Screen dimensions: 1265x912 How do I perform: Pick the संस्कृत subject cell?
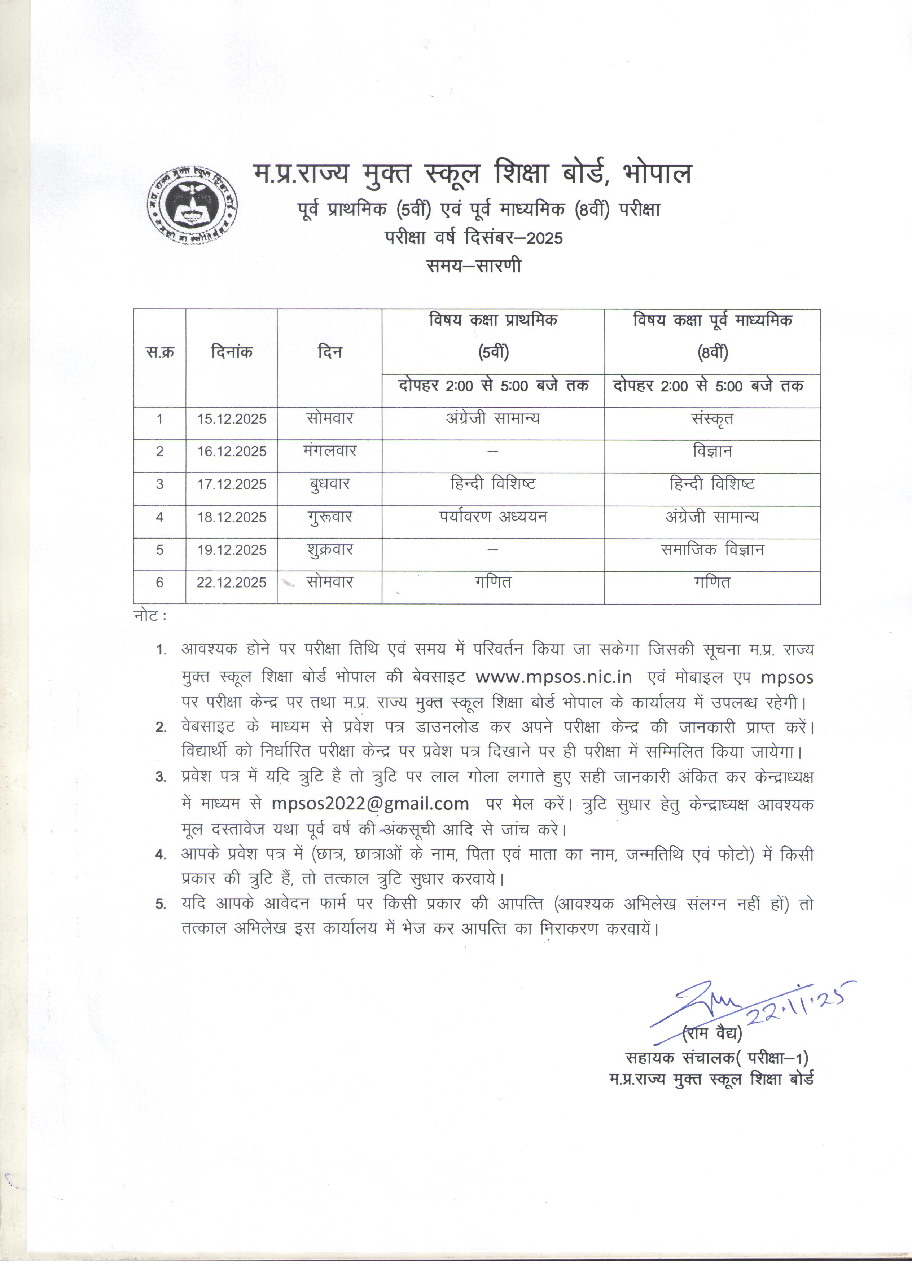(x=712, y=419)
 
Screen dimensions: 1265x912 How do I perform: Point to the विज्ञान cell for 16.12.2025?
(x=712, y=451)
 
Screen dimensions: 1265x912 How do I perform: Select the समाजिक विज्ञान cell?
(x=712, y=550)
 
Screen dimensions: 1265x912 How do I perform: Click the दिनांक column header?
(x=232, y=352)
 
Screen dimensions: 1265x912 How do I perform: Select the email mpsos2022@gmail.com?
(x=370, y=803)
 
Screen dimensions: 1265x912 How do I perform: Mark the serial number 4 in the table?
(x=159, y=517)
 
